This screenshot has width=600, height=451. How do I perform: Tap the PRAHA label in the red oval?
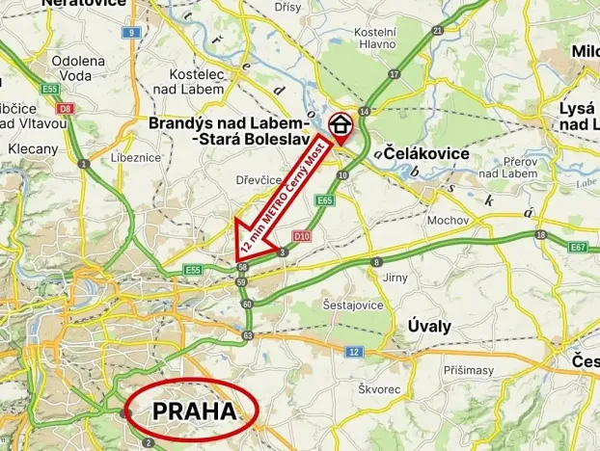(x=194, y=411)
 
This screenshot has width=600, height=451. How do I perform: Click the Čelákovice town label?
(x=426, y=154)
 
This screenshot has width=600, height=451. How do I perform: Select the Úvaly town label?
(x=429, y=326)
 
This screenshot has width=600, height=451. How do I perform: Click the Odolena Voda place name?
(x=71, y=67)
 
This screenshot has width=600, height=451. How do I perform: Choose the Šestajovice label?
(x=351, y=305)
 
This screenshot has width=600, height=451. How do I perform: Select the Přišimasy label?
(x=470, y=368)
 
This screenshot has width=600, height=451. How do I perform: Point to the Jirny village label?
(x=396, y=277)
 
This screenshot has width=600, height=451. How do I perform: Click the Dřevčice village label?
(x=259, y=179)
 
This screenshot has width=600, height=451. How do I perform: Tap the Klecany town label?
(x=33, y=149)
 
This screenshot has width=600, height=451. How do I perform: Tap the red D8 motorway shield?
(x=66, y=108)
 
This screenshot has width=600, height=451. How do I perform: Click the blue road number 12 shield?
(x=355, y=352)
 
